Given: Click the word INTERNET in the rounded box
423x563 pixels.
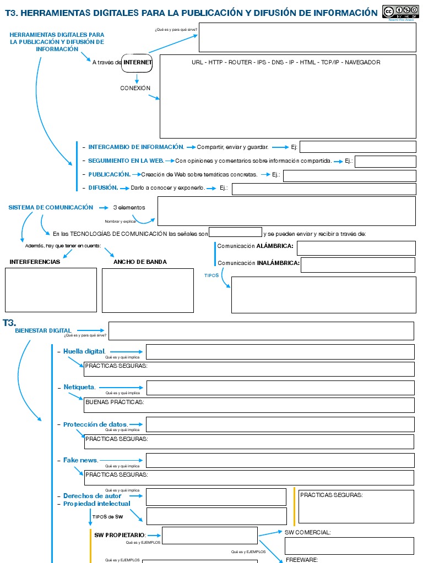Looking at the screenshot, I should tap(138, 63).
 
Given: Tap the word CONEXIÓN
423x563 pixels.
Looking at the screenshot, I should tap(135, 88).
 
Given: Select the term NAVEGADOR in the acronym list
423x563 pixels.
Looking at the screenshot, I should tap(362, 62).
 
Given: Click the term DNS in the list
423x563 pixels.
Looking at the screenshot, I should tap(277, 62).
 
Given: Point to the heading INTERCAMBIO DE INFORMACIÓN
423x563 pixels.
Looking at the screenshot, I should tap(136, 147).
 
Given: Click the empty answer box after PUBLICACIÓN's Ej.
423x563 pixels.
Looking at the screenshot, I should tap(349, 176).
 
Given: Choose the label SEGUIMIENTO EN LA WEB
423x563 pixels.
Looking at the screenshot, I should tap(126, 161).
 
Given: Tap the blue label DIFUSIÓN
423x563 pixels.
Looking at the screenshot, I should tap(104, 187).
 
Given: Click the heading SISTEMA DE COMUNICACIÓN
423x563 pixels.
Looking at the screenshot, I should tap(51, 207).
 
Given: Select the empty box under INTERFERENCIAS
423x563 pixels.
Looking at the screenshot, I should tap(51, 290).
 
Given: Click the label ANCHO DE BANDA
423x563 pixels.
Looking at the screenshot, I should tap(140, 262).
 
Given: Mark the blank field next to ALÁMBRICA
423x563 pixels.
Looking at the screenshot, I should tap(356, 248).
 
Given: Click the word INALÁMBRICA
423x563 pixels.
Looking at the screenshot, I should tap(278, 263).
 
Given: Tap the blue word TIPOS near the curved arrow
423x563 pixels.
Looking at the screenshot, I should tap(211, 275).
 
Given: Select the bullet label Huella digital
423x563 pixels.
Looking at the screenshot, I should tap(84, 351).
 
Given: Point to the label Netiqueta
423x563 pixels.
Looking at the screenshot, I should tap(79, 387).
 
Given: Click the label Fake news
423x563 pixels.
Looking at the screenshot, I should tap(80, 460).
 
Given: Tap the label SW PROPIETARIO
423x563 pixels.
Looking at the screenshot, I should tap(120, 535).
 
